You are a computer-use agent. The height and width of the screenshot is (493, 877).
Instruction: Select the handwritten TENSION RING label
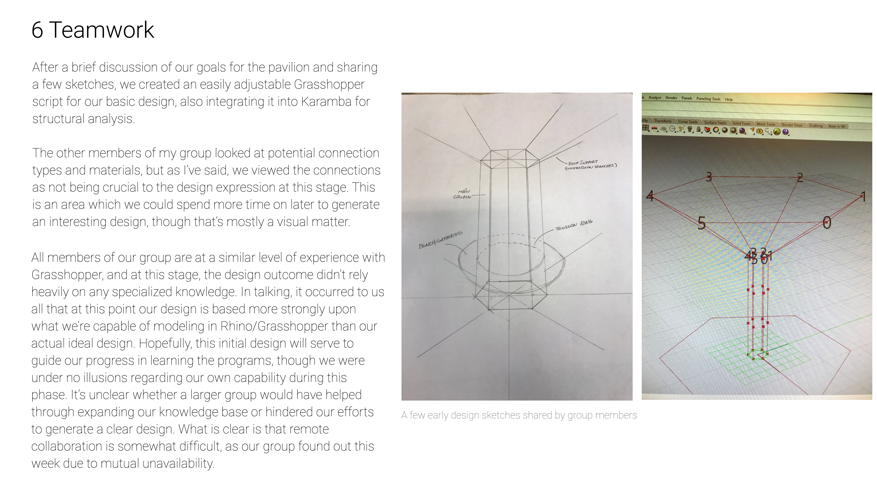574,225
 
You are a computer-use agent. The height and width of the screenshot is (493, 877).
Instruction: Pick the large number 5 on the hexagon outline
701,223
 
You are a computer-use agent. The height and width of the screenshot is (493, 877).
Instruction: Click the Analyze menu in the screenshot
655,98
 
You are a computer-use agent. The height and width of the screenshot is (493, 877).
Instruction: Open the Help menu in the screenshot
729,99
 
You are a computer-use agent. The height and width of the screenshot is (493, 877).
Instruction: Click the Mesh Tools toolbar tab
766,124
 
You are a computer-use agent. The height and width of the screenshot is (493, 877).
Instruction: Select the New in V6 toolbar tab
836,126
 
